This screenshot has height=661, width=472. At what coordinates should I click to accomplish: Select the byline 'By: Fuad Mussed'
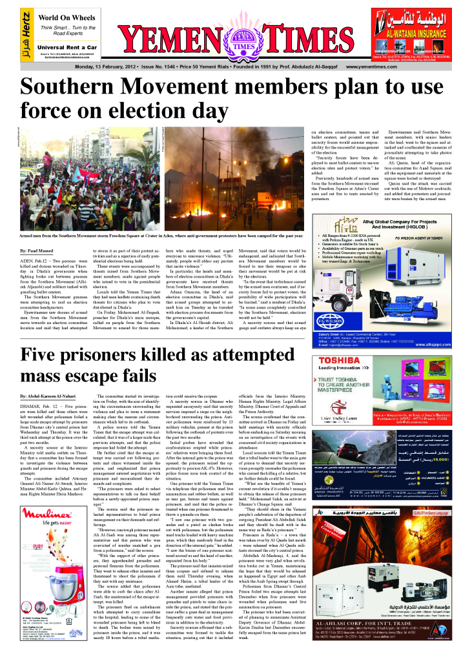[x=36, y=249]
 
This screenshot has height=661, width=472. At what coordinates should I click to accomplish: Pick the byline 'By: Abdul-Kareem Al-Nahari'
[x=48, y=395]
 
